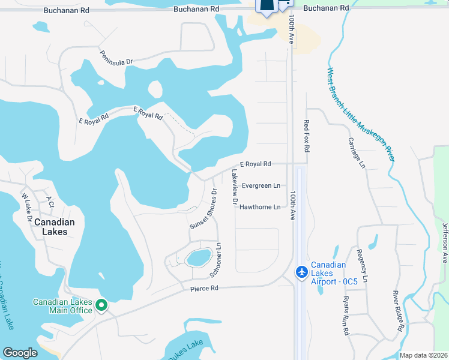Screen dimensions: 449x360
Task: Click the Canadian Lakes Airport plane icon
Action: coord(302,272)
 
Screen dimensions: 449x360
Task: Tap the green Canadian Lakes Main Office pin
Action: coord(101,305)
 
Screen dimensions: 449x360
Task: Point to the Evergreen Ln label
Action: coord(261,186)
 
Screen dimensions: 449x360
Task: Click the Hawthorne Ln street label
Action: coord(260,208)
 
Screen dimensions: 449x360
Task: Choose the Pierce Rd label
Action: coord(204,289)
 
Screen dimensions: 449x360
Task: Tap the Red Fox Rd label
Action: coord(307,135)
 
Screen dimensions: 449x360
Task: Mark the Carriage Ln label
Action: coord(357,152)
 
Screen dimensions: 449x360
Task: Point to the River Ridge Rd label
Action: coord(398,311)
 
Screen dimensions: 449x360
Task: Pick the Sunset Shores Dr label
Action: coord(203,209)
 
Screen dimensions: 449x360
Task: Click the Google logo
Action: coord(20,353)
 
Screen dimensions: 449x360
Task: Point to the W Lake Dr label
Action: coord(26,207)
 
